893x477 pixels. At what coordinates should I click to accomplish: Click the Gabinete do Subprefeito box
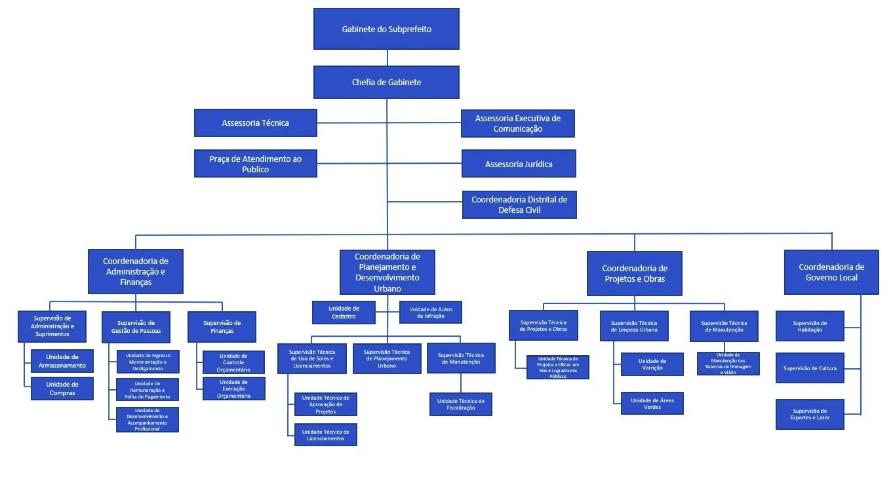(x=386, y=29)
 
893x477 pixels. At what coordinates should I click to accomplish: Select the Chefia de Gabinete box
(x=386, y=83)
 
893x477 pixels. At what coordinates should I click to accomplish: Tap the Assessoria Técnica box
(x=255, y=123)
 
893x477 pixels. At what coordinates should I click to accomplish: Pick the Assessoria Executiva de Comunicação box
(x=517, y=123)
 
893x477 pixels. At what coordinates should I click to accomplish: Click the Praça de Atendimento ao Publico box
(x=255, y=163)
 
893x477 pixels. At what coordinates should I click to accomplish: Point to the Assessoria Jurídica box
(x=518, y=164)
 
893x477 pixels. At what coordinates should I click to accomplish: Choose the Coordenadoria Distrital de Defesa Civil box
(x=519, y=204)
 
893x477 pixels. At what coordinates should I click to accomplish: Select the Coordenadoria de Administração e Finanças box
(x=136, y=271)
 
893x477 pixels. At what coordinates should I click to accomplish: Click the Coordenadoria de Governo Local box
(x=831, y=272)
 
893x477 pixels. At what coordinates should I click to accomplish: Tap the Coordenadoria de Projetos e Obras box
(x=633, y=273)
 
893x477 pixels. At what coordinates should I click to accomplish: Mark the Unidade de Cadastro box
(x=344, y=313)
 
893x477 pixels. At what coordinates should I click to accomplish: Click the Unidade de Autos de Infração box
(x=430, y=313)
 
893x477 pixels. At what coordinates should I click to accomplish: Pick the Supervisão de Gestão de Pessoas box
(x=136, y=326)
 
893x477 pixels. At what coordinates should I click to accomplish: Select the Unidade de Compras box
(x=62, y=389)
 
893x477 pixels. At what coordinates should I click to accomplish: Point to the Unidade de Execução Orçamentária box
(x=233, y=389)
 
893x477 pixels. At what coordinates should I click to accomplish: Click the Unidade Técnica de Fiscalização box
(x=460, y=404)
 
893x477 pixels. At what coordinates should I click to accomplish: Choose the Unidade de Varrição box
(x=652, y=364)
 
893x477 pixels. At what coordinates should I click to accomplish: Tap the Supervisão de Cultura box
(x=810, y=368)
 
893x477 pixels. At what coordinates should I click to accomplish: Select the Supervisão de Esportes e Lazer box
(x=810, y=414)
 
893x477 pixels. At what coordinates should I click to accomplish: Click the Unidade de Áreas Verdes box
(x=652, y=404)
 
